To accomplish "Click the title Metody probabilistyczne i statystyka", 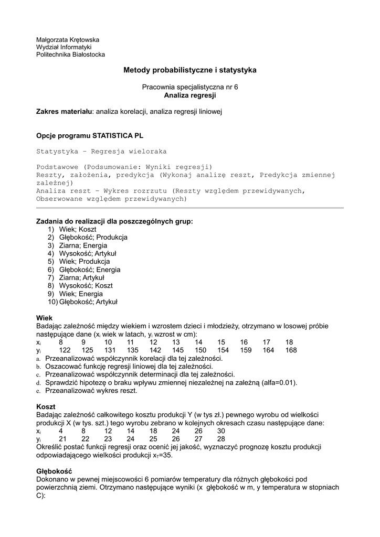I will pyautogui.click(x=189, y=70).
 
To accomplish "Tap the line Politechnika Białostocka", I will pyautogui.click(x=70, y=55).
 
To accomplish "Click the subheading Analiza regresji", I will pyautogui.click(x=189, y=96).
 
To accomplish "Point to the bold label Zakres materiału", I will pyautogui.click(x=64, y=112).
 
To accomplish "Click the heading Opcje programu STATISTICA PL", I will pyautogui.click(x=90, y=135).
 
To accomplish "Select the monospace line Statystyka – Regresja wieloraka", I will pyautogui.click(x=101, y=151).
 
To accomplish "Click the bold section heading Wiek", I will pyautogui.click(x=44, y=318).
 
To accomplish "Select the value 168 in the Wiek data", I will pyautogui.click(x=291, y=350).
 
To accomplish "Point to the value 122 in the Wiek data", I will pyautogui.click(x=65, y=350).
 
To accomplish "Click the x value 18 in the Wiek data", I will pyautogui.click(x=289, y=342).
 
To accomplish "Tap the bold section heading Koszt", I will pyautogui.click(x=46, y=406).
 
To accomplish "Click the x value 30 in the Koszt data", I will pyautogui.click(x=221, y=431).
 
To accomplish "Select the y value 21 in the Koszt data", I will pyautogui.click(x=62, y=439).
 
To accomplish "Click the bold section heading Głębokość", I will pyautogui.click(x=54, y=471).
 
